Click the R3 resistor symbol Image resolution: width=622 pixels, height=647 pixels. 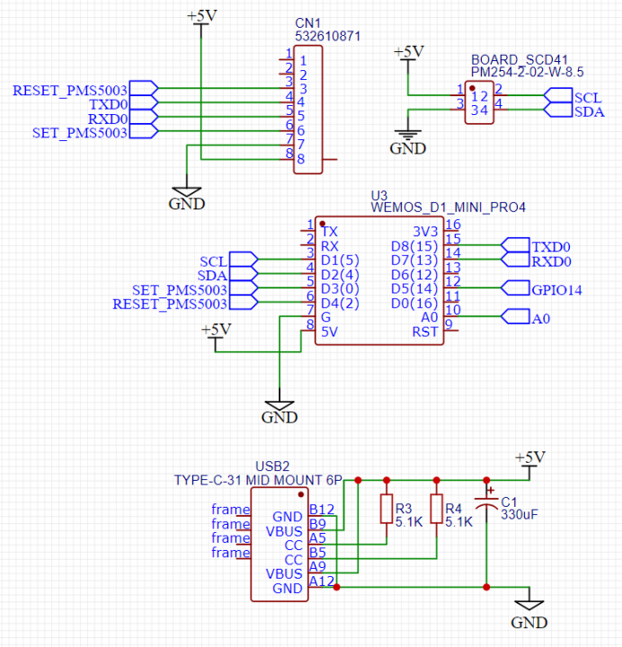tap(387, 509)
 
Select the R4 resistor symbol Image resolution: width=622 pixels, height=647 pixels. tap(436, 509)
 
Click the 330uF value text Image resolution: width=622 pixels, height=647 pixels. tap(520, 515)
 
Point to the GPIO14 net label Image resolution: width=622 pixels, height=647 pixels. tap(557, 289)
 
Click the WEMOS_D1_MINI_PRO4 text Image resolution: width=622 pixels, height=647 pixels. tap(448, 207)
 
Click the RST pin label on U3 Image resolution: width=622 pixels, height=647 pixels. tap(425, 332)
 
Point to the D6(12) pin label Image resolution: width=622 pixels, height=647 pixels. tap(414, 275)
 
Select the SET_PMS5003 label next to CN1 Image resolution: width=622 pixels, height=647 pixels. tap(80, 133)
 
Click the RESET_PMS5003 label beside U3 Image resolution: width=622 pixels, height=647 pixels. tap(170, 305)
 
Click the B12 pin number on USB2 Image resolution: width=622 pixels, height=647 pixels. tap(322, 510)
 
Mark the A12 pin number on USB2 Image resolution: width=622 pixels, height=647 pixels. tap(322, 581)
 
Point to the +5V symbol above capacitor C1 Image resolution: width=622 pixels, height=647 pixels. tap(529, 460)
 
